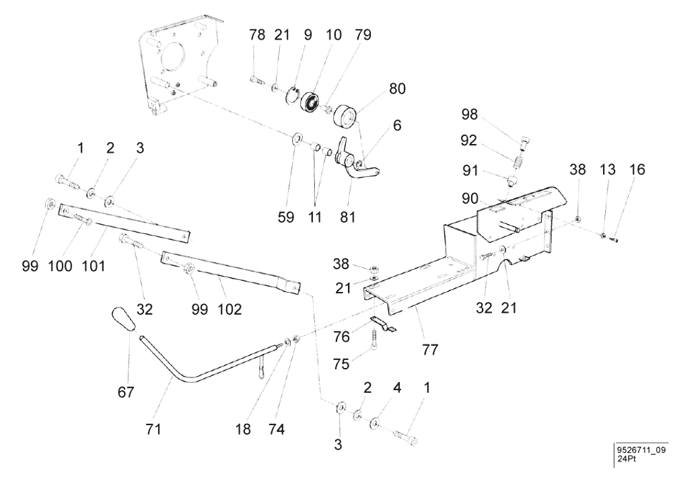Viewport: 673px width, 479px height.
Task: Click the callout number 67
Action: pyautogui.click(x=126, y=392)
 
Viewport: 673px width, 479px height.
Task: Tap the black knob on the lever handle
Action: pyautogui.click(x=122, y=319)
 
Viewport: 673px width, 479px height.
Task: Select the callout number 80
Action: pyautogui.click(x=397, y=88)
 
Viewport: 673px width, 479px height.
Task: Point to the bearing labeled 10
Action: pyautogui.click(x=310, y=102)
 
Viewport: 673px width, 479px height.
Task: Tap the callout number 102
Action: pyautogui.click(x=229, y=309)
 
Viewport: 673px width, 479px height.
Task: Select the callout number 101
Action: pyautogui.click(x=94, y=266)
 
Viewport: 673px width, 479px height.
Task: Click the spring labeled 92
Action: pyautogui.click(x=519, y=163)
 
